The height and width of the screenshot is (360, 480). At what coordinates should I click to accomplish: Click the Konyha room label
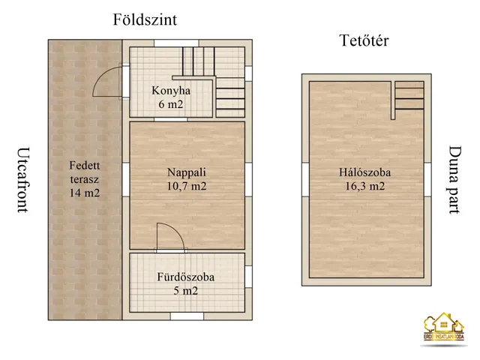click(171, 91)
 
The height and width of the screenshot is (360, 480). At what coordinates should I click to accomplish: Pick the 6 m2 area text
click(171, 105)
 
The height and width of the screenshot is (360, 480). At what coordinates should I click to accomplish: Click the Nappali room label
click(187, 172)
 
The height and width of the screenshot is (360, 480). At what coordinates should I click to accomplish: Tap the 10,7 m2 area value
click(187, 187)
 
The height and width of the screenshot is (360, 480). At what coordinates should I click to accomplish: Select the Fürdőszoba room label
click(186, 277)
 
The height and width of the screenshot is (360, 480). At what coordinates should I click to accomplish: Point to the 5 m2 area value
click(186, 291)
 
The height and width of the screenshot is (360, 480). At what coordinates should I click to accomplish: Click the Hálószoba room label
click(364, 172)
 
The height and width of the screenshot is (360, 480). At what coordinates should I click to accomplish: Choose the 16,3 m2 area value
click(364, 187)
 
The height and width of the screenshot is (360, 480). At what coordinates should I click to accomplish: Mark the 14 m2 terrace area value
click(84, 193)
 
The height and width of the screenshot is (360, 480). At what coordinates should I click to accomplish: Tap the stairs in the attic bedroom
click(409, 97)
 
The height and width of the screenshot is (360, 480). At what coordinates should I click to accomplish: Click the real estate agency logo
click(445, 329)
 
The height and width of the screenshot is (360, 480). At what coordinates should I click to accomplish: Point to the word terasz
click(84, 179)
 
